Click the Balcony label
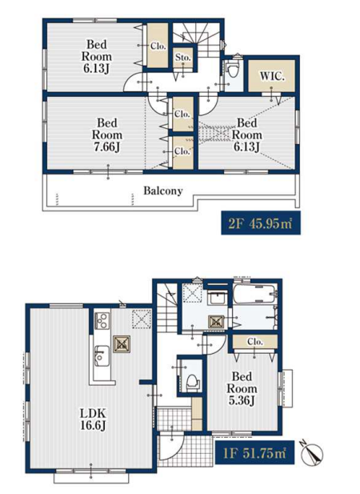click(x=163, y=191)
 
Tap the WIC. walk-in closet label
click(x=272, y=76)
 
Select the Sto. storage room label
click(x=183, y=58)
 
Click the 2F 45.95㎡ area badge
click(x=261, y=223)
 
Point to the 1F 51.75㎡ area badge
click(x=255, y=452)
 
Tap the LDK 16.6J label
click(x=93, y=419)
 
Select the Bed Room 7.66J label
click(x=107, y=135)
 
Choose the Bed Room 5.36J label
click(x=242, y=388)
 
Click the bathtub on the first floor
click(x=255, y=294)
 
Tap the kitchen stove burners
click(x=102, y=321)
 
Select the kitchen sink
click(x=102, y=355)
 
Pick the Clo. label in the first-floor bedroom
click(x=255, y=341)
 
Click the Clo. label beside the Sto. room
click(x=158, y=46)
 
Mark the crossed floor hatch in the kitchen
click(x=122, y=344)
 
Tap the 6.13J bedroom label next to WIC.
click(x=246, y=135)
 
